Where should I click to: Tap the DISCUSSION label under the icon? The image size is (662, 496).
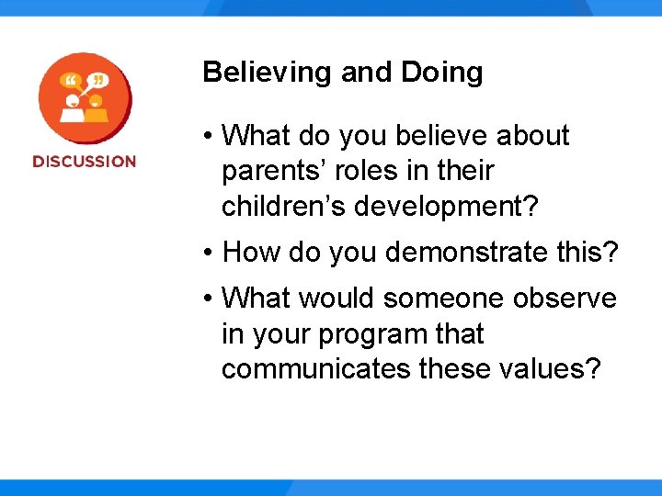(84, 162)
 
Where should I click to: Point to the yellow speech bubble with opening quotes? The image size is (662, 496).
(71, 83)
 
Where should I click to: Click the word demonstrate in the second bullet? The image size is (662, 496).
(455, 252)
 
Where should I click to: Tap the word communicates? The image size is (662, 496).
(316, 369)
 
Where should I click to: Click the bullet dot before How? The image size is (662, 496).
(210, 253)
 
